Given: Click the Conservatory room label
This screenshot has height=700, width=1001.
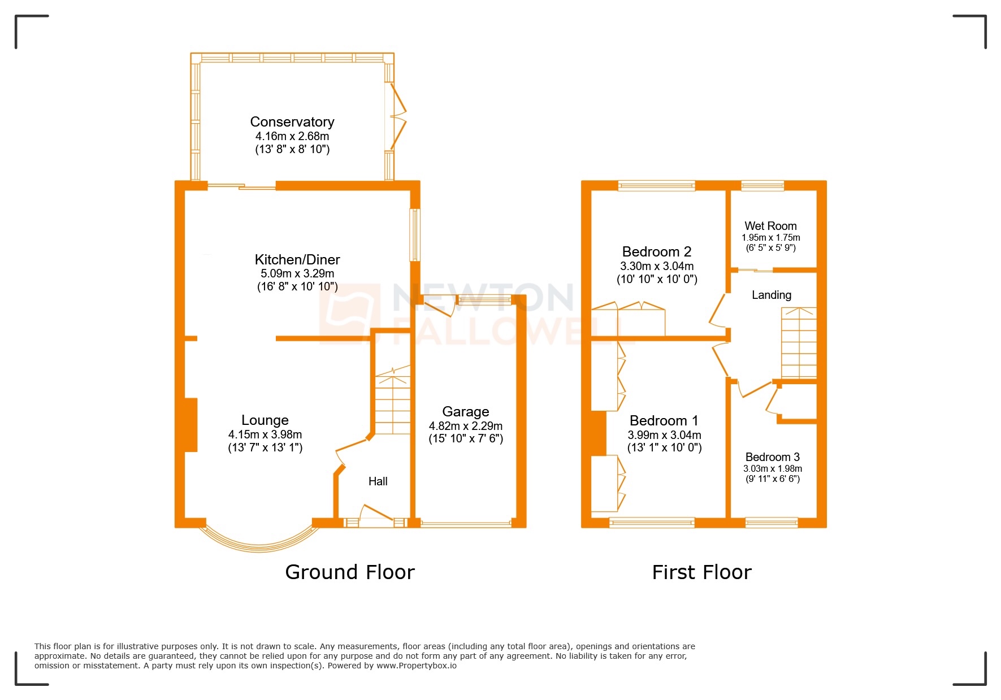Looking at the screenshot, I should click(292, 122).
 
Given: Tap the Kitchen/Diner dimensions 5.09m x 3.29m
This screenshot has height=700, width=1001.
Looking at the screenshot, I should click(297, 273).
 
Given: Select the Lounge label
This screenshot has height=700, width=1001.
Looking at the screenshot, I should click(265, 420).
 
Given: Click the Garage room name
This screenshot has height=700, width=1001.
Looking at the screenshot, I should click(465, 412).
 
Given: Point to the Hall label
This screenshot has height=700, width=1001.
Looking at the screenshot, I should click(378, 481).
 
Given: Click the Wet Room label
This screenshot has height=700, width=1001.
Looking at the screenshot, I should click(770, 226).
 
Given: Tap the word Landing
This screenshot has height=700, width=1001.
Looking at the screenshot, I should click(771, 295).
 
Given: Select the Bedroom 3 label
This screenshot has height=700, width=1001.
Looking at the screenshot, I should click(772, 457).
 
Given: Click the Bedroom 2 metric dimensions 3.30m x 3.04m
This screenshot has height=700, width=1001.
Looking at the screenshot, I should click(657, 266).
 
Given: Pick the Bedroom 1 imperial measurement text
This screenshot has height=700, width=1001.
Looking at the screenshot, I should click(664, 448).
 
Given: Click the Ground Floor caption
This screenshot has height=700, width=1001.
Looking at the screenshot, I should click(349, 572).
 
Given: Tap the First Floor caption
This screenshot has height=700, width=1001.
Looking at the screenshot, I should click(701, 572).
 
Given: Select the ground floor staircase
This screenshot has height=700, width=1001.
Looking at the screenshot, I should click(393, 401).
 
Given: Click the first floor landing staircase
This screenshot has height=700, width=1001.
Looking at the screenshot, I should click(799, 343).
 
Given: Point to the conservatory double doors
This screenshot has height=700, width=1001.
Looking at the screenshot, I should click(398, 118).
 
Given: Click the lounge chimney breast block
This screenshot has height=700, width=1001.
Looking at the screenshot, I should click(190, 425).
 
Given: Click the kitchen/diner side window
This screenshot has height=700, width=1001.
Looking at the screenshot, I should click(415, 235).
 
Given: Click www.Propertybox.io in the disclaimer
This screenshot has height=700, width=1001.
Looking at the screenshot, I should click(417, 666).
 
